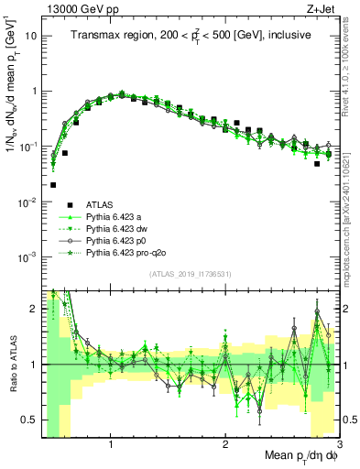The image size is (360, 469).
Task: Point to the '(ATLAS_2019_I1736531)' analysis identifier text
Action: click(191, 273)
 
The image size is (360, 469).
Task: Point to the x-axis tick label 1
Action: click(111, 442)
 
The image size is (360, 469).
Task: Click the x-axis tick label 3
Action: click(338, 442)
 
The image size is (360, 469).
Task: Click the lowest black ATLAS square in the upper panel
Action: click(54, 184)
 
